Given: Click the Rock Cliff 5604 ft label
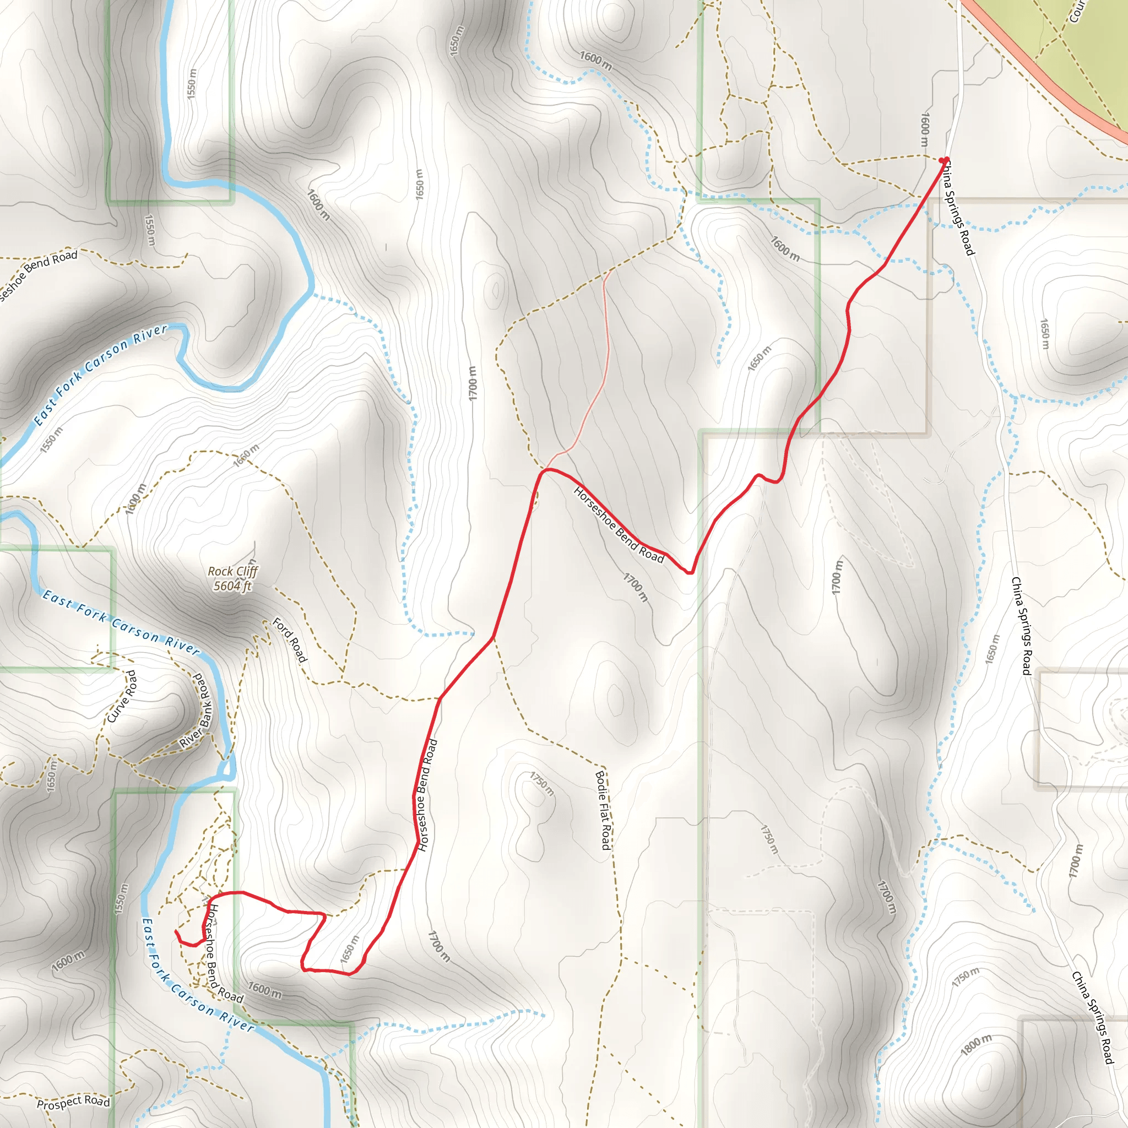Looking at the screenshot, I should pos(232,579).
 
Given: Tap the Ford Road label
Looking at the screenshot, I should pos(290,641).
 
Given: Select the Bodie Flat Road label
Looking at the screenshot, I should pos(603,810).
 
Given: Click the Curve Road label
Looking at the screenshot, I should pos(123,696).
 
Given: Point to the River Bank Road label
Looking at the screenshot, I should pos(197,711).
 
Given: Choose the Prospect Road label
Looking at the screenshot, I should pos(73,1102).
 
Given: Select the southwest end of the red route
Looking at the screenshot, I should pos(176,931).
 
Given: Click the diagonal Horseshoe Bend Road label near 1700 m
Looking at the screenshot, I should pos(619,525).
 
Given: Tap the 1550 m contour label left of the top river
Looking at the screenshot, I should pos(192,84).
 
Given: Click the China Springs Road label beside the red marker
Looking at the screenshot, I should pos(957,208).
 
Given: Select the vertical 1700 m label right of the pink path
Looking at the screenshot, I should pos(838,577).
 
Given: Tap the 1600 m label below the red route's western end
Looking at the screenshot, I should pos(264,990).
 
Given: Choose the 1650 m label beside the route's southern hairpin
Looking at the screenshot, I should pos(349,950).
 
